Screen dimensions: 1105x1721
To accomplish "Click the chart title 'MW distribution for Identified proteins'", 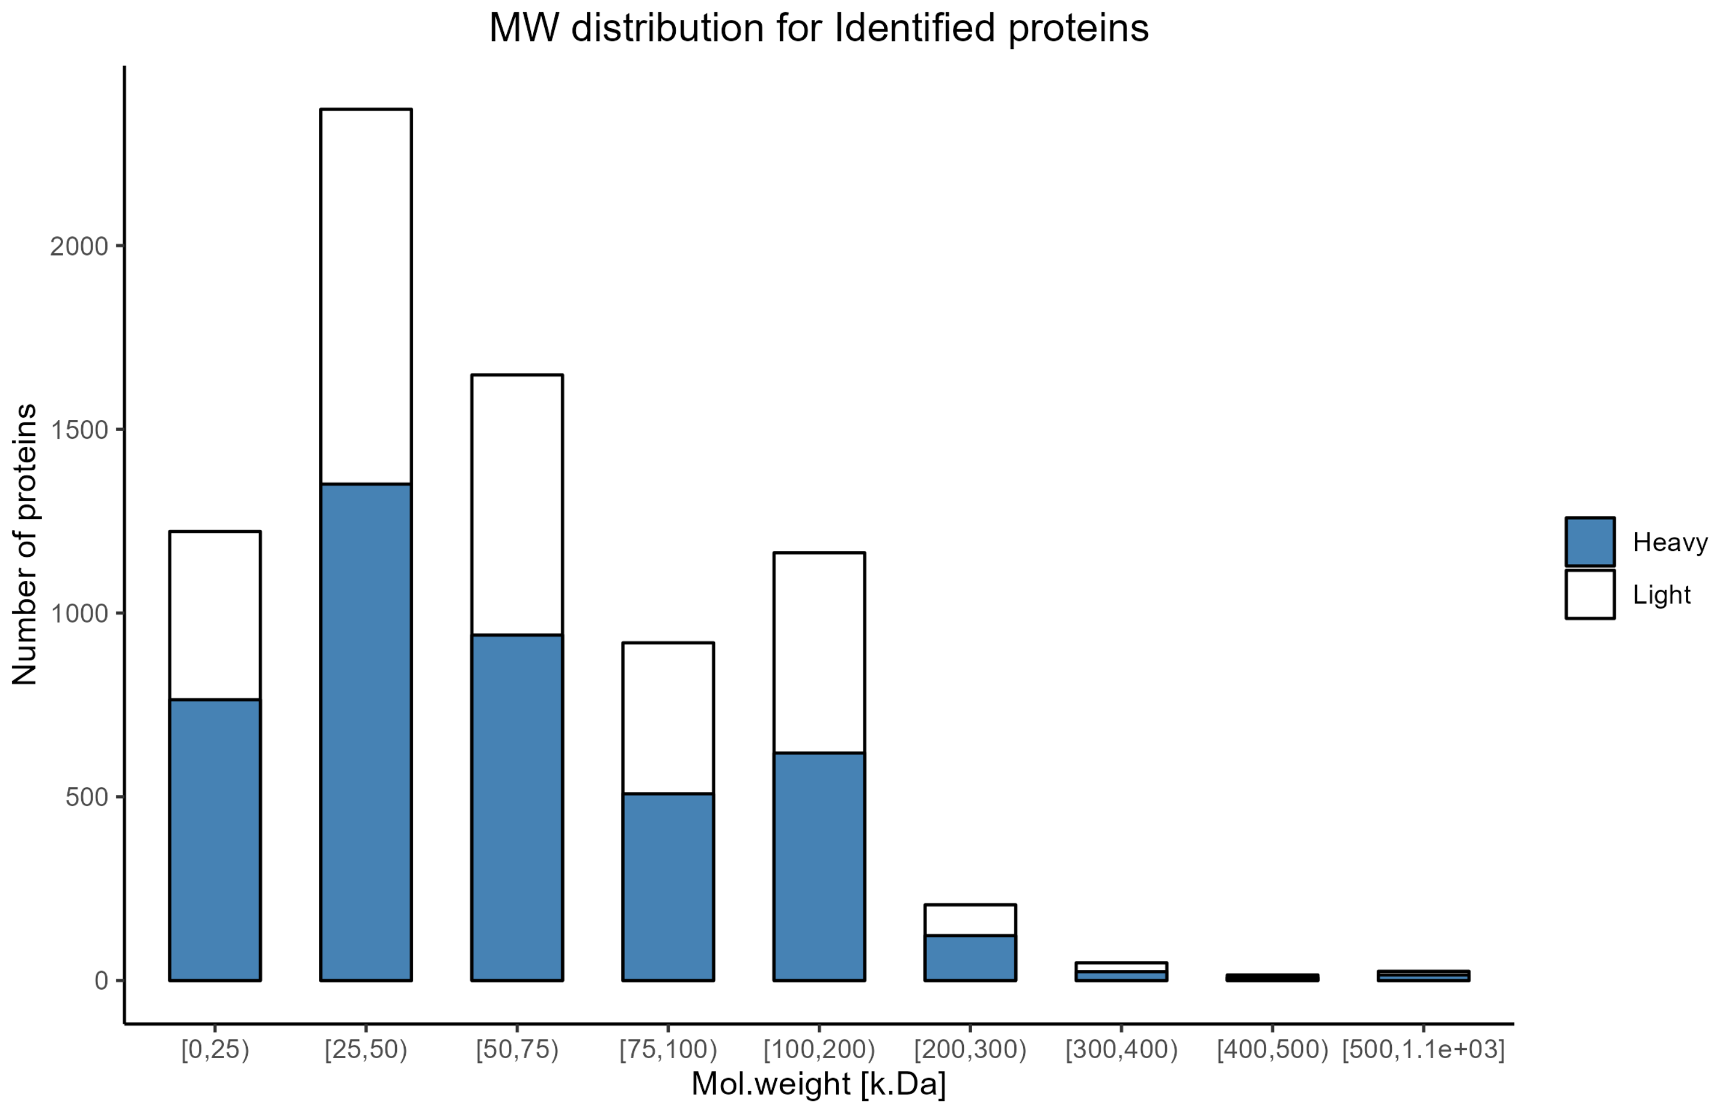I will [x=819, y=29].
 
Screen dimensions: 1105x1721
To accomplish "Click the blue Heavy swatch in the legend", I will [x=1590, y=542].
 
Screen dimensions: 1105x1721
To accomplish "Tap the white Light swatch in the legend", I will [x=1590, y=594].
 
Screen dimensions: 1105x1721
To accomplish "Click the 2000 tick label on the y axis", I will [x=79, y=246].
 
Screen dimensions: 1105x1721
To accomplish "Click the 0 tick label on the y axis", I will [x=101, y=980].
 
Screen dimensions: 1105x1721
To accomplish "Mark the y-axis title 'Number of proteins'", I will [x=25, y=544].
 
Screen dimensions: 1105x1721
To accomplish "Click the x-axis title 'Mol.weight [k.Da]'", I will [x=818, y=1083].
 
